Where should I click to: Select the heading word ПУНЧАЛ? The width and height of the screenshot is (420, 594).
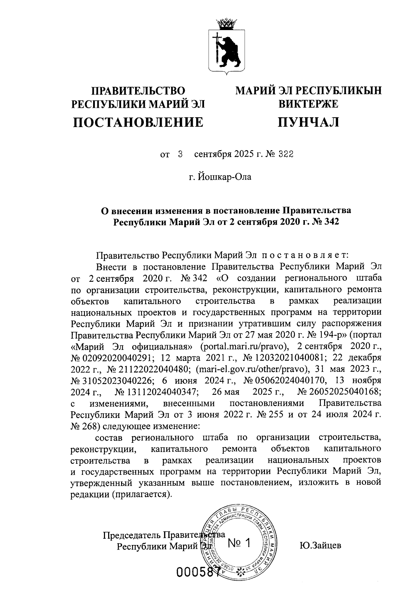click(308, 122)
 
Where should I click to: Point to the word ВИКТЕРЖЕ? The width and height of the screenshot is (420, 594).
click(308, 104)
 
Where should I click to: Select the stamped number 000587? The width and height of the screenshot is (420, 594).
click(198, 572)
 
